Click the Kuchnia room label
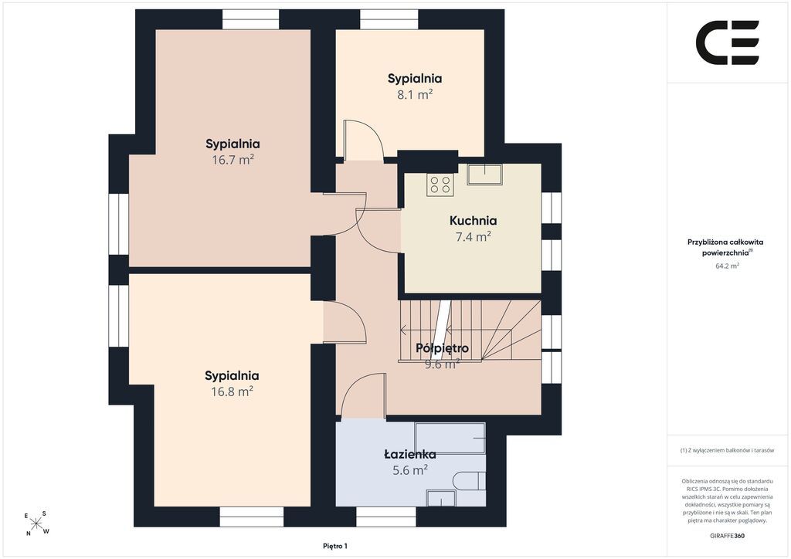pyautogui.click(x=473, y=220)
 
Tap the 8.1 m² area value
pyautogui.click(x=415, y=94)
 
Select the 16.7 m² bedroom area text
pyautogui.click(x=233, y=160)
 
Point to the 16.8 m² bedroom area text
pyautogui.click(x=232, y=391)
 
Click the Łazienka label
pyautogui.click(x=410, y=454)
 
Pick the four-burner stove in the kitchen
pyautogui.click(x=440, y=185)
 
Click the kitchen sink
pyautogui.click(x=484, y=174)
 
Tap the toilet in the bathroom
pyautogui.click(x=469, y=481)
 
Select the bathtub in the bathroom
pyautogui.click(x=450, y=438)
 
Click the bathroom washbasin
pyautogui.click(x=441, y=498)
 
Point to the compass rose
pyautogui.click(x=36, y=523)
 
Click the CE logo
pyautogui.click(x=728, y=42)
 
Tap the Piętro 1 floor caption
pyautogui.click(x=335, y=546)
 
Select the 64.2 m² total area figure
pyautogui.click(x=727, y=266)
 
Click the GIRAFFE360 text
pyautogui.click(x=727, y=536)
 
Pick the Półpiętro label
pyautogui.click(x=442, y=347)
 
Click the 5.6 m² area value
pyautogui.click(x=410, y=469)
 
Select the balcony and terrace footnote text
pyautogui.click(x=727, y=450)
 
